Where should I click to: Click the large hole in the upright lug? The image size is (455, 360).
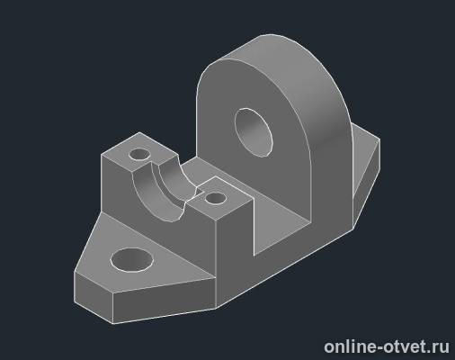[x=254, y=132]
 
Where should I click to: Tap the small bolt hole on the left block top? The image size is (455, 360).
[x=139, y=155]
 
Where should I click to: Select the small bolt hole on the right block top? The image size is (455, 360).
[x=216, y=198]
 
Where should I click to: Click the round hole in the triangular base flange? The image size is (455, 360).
[x=132, y=260]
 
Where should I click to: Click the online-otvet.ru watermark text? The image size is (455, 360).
[x=387, y=346]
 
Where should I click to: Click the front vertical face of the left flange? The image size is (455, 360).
[x=165, y=303]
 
